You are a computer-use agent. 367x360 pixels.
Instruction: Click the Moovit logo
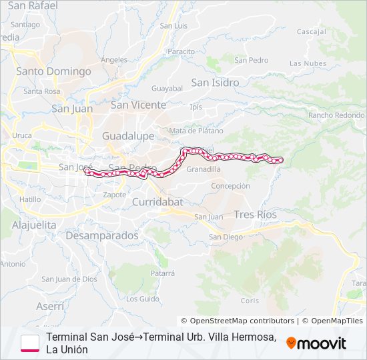316,343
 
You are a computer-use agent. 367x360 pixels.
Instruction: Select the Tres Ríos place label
255,215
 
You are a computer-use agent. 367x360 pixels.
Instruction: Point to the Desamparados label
102,235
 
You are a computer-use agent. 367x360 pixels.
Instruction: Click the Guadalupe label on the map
128,136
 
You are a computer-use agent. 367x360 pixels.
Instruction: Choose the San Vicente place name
138,105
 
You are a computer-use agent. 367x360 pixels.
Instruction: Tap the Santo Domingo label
53,71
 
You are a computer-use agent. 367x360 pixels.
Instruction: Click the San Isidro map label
215,83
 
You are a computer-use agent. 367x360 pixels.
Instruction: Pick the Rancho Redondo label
336,115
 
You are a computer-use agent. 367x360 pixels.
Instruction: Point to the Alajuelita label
34,225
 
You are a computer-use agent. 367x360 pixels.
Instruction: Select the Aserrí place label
50,306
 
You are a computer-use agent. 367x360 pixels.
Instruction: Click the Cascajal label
311,31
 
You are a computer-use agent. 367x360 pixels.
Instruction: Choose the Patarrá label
162,273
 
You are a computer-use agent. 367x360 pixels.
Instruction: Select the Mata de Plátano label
196,131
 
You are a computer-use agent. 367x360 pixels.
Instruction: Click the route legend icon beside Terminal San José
29,342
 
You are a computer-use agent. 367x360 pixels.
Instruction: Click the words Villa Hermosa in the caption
246,337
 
